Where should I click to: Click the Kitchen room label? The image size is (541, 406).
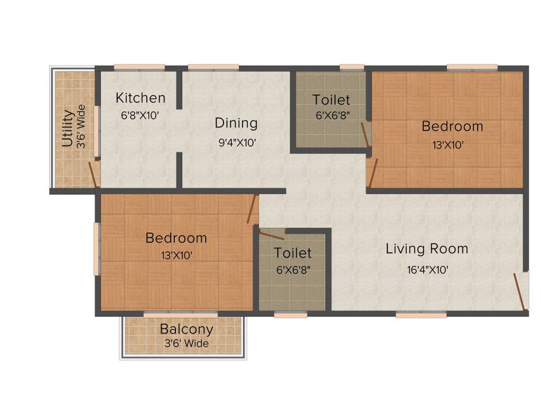(141, 98)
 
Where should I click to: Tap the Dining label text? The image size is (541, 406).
(236, 123)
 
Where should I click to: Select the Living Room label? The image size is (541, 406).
(427, 248)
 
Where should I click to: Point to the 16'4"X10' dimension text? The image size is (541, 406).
(427, 270)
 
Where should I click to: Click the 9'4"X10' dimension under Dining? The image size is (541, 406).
(237, 143)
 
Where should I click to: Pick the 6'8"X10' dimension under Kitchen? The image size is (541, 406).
(140, 116)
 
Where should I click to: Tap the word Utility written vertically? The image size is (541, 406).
(67, 128)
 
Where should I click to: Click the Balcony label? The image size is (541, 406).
(186, 329)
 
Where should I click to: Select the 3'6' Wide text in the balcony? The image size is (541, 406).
(186, 344)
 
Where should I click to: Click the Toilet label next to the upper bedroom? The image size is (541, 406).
(331, 99)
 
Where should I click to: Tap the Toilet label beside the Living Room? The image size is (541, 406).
(293, 253)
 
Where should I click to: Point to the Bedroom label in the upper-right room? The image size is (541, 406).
(452, 126)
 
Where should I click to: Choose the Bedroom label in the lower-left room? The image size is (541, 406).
(176, 238)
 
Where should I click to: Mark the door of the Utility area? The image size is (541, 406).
(94, 175)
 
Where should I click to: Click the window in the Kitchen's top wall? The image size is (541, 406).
(139, 67)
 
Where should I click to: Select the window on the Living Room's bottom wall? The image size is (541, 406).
(421, 315)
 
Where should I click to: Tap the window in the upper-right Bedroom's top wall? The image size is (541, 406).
(472, 67)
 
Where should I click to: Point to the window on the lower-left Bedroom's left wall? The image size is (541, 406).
(97, 248)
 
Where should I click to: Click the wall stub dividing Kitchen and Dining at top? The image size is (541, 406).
(179, 88)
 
